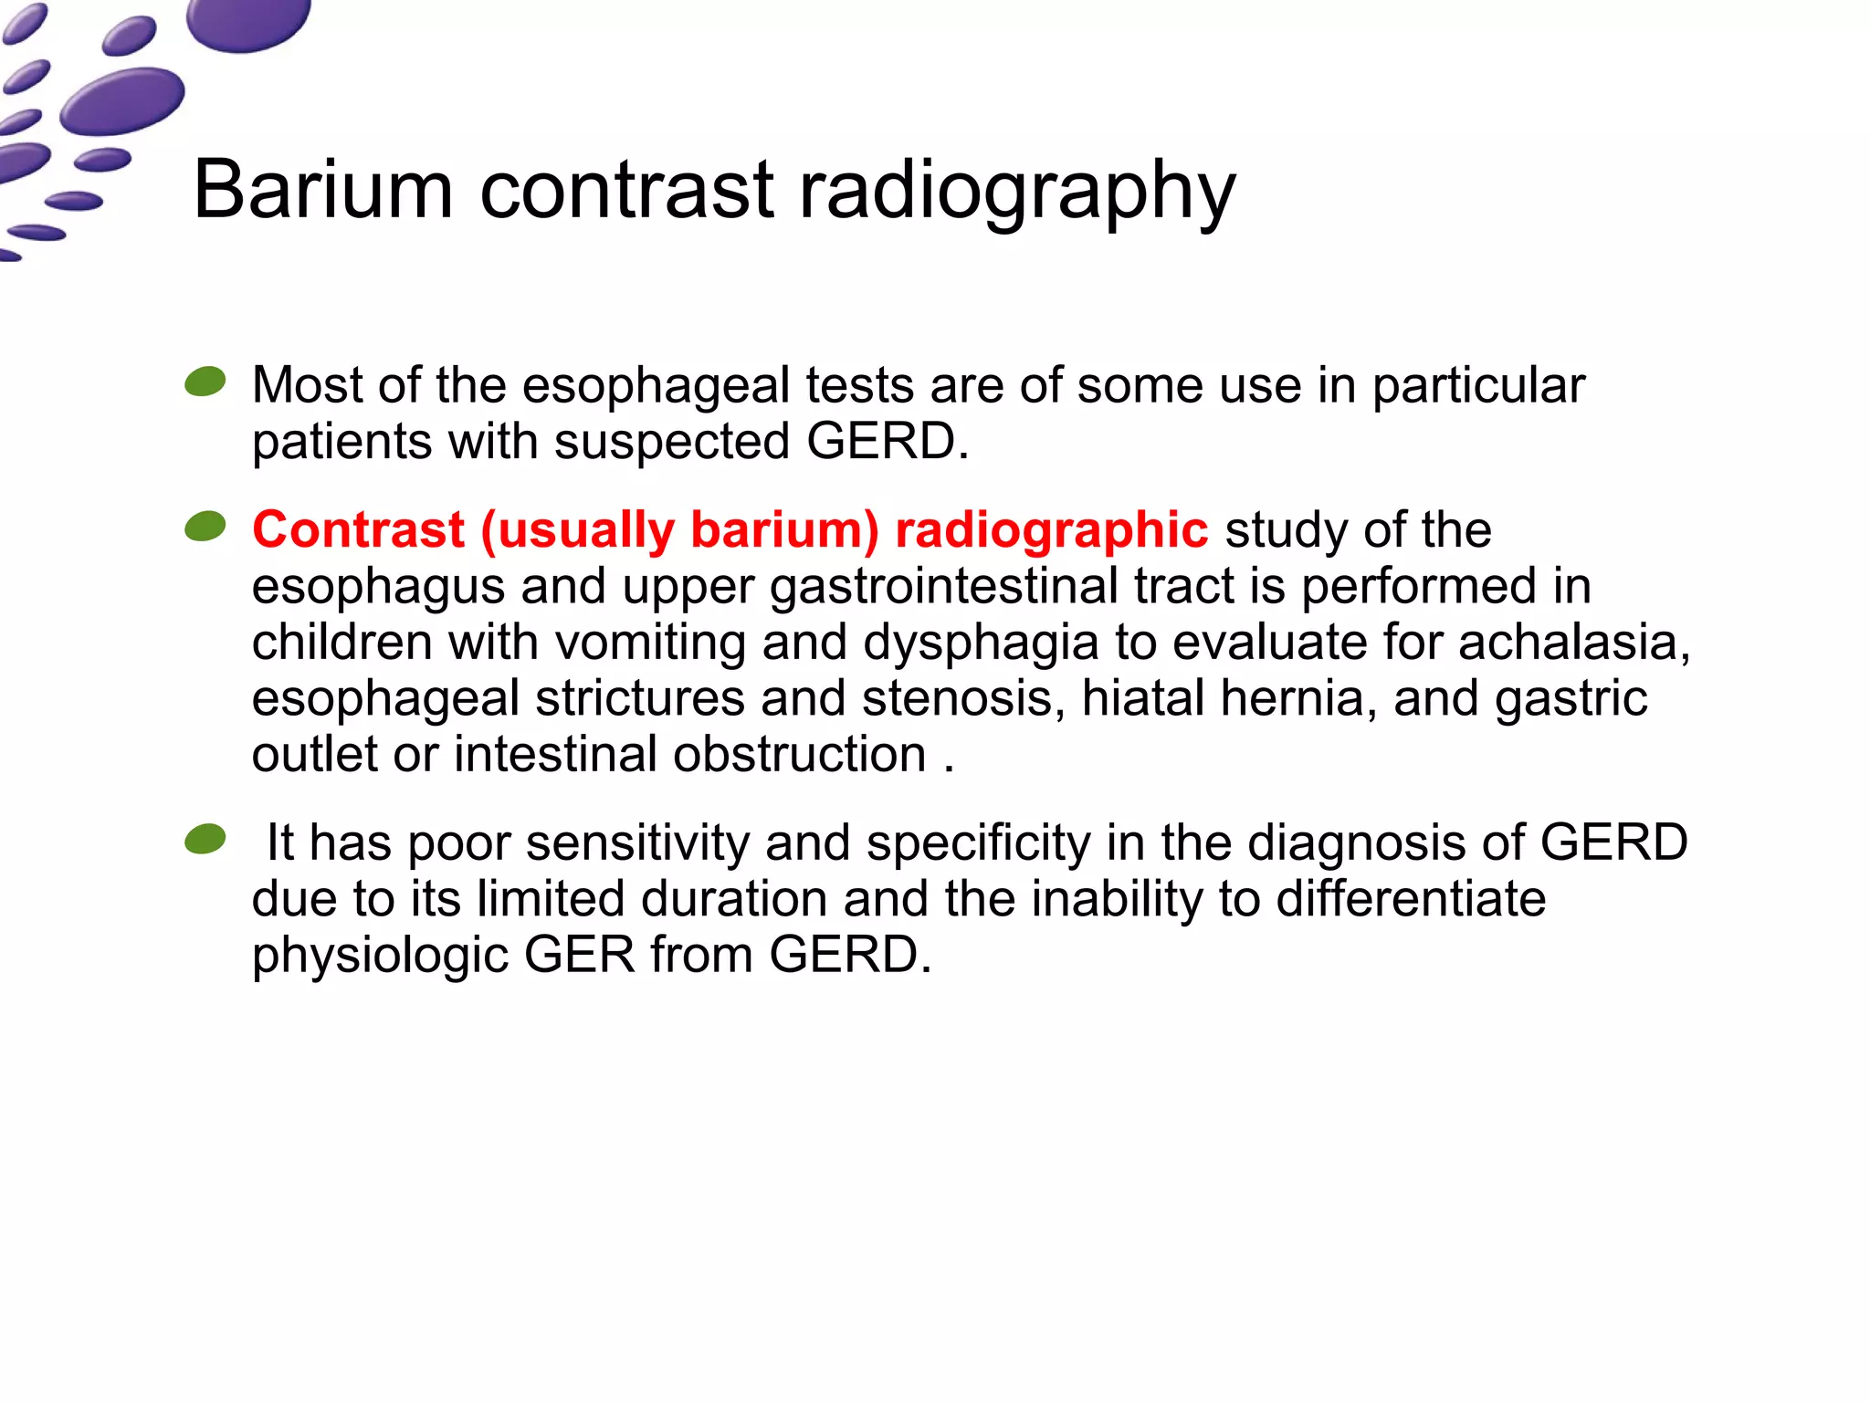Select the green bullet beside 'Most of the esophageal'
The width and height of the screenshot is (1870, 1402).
tap(205, 382)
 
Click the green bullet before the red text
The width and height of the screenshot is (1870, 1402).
tap(205, 526)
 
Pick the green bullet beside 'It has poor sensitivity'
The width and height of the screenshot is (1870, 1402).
tap(205, 839)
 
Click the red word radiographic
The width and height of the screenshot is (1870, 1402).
tap(1051, 530)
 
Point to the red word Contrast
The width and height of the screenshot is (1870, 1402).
tap(359, 529)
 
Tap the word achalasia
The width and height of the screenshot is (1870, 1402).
tap(1568, 642)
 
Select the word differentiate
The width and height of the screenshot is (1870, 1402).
tap(1411, 899)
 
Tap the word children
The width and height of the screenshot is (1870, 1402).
tap(341, 642)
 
